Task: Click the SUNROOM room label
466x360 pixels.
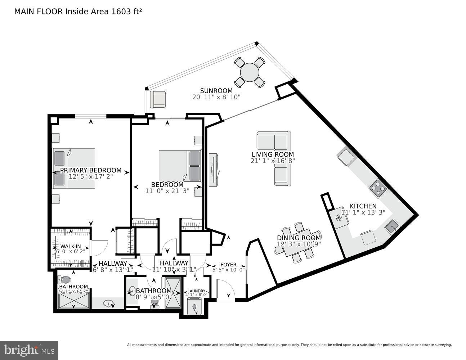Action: (x=216, y=91)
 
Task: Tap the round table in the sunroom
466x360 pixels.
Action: (x=250, y=73)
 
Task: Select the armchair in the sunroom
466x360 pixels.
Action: (x=158, y=99)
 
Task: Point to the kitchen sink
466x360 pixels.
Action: (x=392, y=227)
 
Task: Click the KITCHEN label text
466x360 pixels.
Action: (x=363, y=206)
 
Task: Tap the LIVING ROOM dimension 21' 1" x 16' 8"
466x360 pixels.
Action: (x=273, y=161)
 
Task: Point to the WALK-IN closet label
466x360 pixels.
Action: (x=70, y=246)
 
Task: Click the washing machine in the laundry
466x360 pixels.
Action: (x=195, y=307)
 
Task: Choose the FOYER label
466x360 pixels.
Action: (x=228, y=265)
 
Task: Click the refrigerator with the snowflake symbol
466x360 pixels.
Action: (x=338, y=217)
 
